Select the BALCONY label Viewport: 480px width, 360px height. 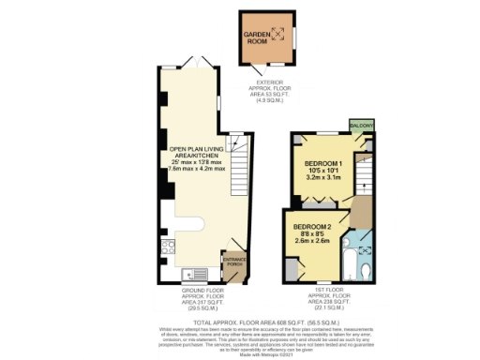[x=362, y=126]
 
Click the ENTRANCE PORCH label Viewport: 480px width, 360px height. [x=233, y=262]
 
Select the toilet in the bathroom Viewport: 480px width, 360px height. [x=366, y=272]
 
